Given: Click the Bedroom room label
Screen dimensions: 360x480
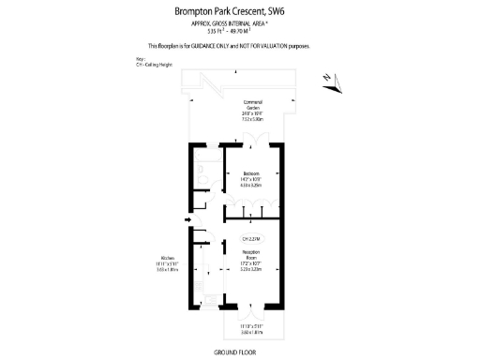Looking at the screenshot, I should [252, 173].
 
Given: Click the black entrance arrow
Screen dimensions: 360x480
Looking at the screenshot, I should [187, 247].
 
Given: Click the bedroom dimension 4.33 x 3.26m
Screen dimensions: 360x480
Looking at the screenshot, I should [252, 186].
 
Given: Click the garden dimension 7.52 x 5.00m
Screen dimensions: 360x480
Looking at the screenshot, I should [252, 119].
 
